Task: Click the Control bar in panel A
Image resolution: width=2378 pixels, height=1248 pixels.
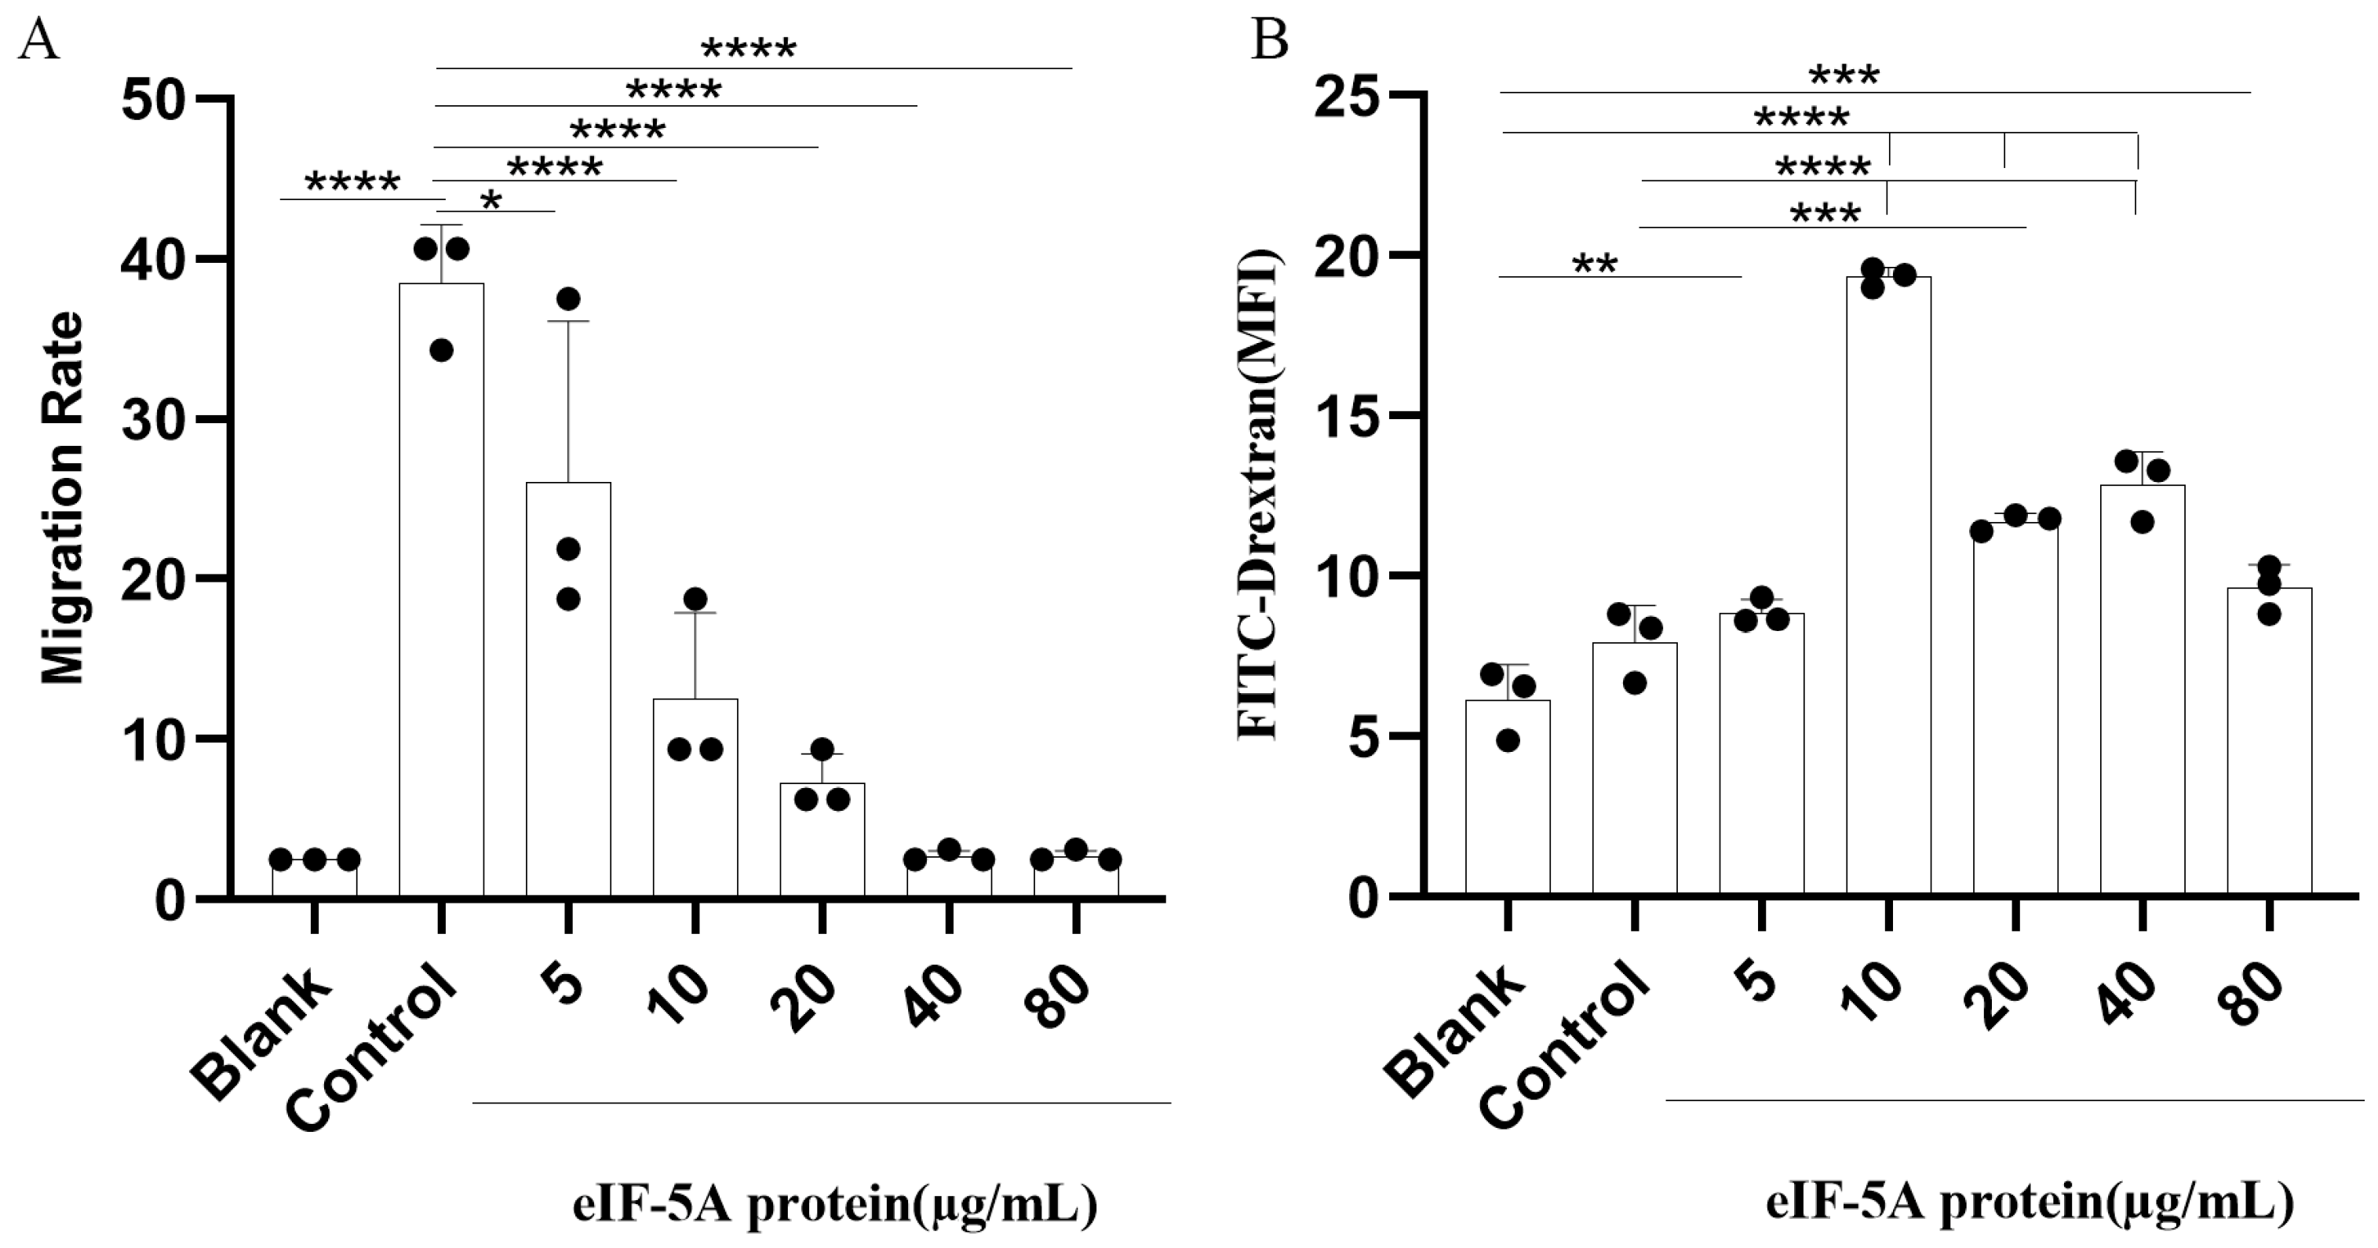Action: tap(441, 591)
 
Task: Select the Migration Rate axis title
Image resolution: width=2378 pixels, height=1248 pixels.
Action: tap(63, 498)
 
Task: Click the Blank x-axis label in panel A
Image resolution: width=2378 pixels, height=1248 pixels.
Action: tap(263, 1034)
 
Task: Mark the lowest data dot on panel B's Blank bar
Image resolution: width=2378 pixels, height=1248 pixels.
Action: tap(1508, 740)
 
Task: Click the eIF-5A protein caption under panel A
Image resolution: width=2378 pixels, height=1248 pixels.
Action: tap(834, 1206)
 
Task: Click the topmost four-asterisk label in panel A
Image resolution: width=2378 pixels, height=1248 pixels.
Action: tap(748, 49)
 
